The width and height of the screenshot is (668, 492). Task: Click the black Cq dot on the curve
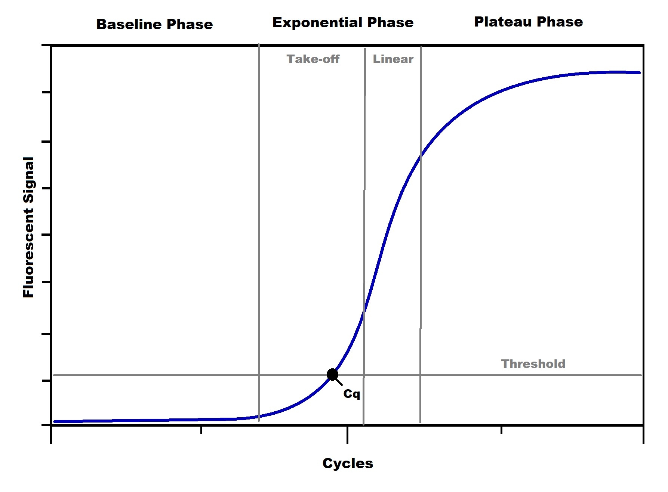[332, 374]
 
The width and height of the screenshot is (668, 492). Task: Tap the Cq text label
[351, 394]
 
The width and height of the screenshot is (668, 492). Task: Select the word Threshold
[533, 364]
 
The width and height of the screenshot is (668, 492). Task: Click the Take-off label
[313, 59]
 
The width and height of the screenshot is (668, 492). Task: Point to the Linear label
[393, 59]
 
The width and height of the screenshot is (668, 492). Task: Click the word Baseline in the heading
[129, 24]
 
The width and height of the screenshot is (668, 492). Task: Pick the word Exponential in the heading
[318, 23]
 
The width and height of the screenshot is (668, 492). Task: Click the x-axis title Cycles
[348, 463]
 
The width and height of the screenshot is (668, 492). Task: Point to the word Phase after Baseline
[190, 24]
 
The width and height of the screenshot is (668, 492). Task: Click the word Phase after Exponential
[390, 23]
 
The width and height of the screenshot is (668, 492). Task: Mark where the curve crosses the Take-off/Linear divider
[364, 312]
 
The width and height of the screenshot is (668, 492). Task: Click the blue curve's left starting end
[55, 421]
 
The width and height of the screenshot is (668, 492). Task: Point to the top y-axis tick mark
[46, 46]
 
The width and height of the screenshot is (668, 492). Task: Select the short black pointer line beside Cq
[339, 382]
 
